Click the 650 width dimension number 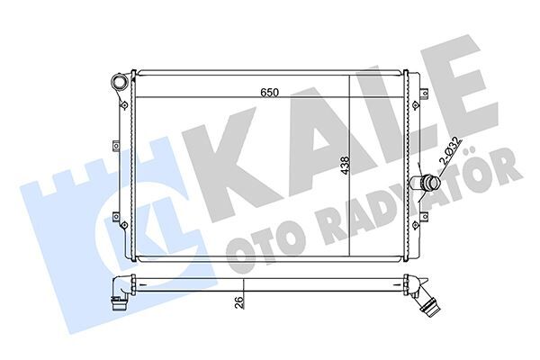[x=269, y=92]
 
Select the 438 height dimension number [x=345, y=166]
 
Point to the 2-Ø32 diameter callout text [x=450, y=150]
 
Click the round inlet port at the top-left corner [x=120, y=83]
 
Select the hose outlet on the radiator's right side [x=426, y=183]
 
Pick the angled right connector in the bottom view [x=423, y=292]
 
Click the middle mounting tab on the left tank [x=116, y=146]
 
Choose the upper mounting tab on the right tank [x=425, y=93]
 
